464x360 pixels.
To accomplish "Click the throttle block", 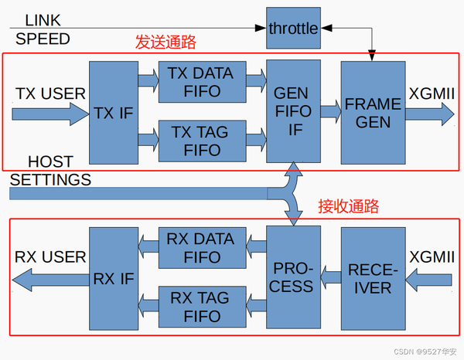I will pos(293,29).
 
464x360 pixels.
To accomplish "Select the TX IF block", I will pos(114,111).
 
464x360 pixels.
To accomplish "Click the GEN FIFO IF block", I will pos(293,110).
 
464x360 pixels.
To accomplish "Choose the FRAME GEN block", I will pos(373,112).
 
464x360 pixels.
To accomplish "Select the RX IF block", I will pos(114,278).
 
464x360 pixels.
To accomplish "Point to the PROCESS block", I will pos(293,277).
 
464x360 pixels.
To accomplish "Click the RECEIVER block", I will pos(373,278).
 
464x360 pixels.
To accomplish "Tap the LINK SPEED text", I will pos(42,29).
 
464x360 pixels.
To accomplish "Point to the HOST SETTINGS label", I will pos(51,172).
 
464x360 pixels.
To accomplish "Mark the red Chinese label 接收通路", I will pos(348,206).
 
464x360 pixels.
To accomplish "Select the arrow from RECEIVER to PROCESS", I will pos(331,272).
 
